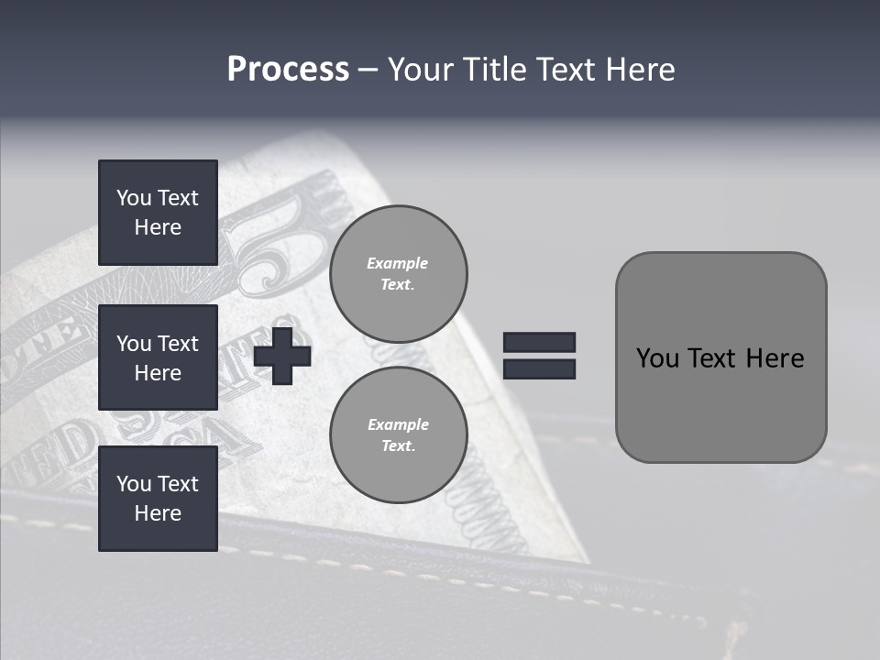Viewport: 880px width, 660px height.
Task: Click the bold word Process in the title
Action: click(288, 70)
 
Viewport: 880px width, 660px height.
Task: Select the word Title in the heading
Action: click(495, 70)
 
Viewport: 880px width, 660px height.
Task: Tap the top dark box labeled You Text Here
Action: click(158, 213)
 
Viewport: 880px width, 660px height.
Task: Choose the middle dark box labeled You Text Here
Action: click(158, 357)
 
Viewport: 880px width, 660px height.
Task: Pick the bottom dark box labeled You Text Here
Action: click(158, 499)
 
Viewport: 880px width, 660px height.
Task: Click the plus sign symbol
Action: click(282, 356)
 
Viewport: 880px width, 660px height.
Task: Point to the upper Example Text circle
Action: click(399, 273)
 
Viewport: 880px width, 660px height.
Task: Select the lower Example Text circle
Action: click(399, 434)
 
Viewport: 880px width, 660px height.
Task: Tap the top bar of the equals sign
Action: click(539, 343)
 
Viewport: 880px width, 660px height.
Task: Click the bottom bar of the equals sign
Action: click(539, 368)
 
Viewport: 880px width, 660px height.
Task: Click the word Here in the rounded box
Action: click(775, 357)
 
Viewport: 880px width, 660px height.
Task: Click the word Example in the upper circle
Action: click(398, 263)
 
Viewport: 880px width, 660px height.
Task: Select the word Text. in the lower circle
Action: click(398, 446)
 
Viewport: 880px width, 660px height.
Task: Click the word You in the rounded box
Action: click(657, 357)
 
